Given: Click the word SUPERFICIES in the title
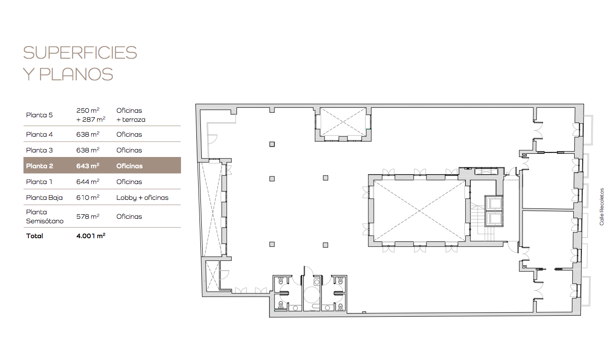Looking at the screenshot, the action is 80,53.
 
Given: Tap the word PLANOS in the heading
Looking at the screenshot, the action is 76,74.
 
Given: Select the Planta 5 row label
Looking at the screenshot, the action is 39,115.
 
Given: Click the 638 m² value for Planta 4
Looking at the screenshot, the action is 88,134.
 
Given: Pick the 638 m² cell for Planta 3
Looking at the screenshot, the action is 88,150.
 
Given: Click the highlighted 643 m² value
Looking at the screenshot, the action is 88,166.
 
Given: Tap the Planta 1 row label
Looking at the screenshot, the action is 39,182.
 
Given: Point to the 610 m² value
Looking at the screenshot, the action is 88,198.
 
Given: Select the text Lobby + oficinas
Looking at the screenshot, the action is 143,198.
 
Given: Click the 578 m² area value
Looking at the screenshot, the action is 88,217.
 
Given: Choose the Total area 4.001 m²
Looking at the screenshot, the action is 91,236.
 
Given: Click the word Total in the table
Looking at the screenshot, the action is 34,236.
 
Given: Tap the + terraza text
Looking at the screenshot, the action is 131,120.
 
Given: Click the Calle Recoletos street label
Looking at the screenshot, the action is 602,207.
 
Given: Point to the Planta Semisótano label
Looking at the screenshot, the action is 45,217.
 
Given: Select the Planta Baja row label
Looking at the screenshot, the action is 44,198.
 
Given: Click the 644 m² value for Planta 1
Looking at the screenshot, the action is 88,182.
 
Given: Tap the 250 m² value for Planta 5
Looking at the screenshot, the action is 88,111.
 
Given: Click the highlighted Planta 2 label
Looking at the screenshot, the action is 39,166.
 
